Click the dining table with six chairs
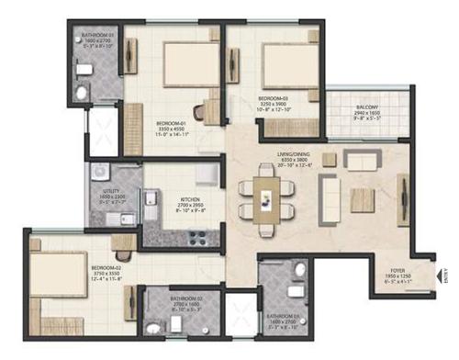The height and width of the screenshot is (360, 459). (267, 196)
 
